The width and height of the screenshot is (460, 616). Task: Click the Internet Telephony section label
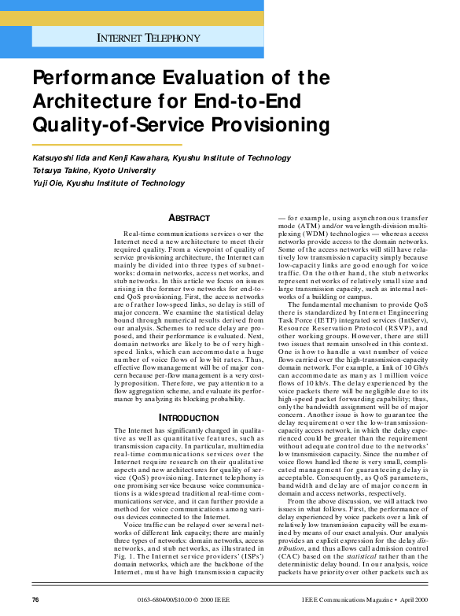(x=148, y=37)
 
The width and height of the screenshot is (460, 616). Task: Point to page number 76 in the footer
(x=35, y=599)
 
